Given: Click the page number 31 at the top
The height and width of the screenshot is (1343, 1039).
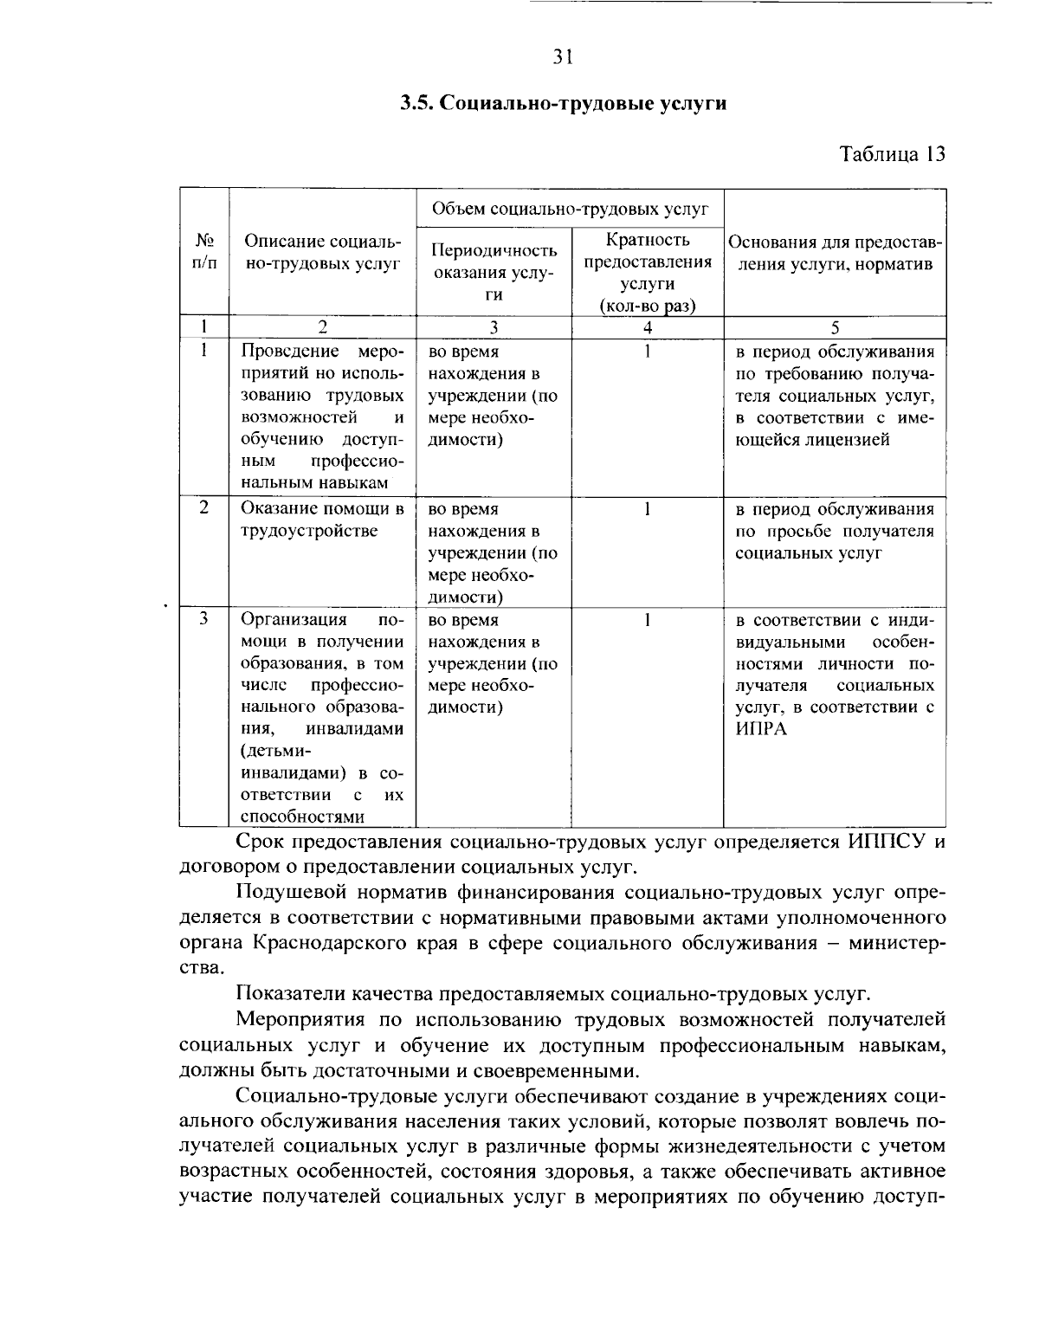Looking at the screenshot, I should coord(563,58).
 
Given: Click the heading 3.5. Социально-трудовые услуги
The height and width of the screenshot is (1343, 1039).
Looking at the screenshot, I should coord(563,104).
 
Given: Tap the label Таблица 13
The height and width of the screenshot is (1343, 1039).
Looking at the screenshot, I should coord(892,154).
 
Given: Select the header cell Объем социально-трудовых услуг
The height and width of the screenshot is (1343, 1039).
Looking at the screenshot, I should coord(570,209).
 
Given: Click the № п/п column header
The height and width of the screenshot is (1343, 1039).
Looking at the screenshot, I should coord(204,251).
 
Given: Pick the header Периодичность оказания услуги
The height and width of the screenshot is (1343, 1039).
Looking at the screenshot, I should coord(494,272).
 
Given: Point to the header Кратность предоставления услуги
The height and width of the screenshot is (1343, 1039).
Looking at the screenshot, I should coord(648,272).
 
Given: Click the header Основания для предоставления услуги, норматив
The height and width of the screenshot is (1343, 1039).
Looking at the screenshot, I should coord(835,253).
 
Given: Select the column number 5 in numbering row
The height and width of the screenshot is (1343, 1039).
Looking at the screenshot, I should coord(835,327).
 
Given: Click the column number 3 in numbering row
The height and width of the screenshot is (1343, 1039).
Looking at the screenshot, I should coord(494,327).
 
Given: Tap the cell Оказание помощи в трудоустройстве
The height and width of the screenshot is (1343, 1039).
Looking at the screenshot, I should coord(322,520).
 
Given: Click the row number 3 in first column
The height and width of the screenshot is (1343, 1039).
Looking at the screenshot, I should coord(203,619).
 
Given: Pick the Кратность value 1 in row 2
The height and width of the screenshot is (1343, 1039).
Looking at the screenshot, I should coord(647,509).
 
